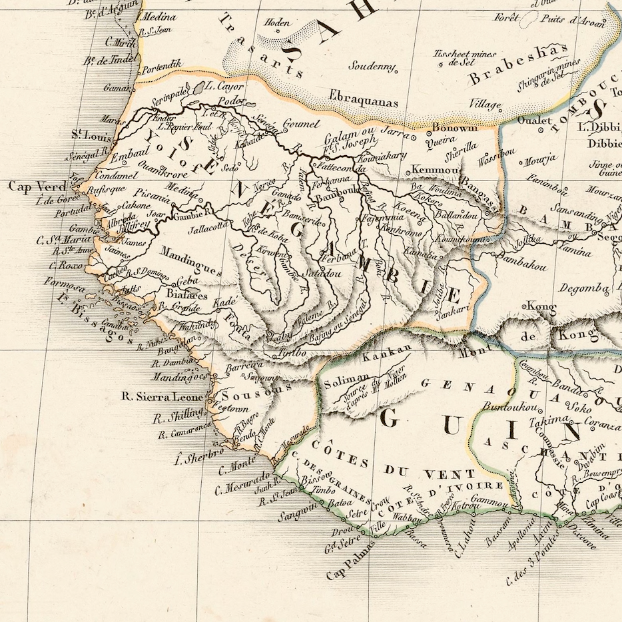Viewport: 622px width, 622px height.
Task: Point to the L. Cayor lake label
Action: click(x=224, y=86)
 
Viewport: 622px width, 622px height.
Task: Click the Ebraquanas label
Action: click(x=363, y=102)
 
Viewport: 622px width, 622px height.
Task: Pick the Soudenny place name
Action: click(x=373, y=68)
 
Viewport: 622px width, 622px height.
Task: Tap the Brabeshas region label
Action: click(x=519, y=65)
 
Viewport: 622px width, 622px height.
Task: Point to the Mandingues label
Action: click(x=190, y=261)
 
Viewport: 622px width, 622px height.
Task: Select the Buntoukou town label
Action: click(x=507, y=406)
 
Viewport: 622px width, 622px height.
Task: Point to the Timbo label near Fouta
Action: click(x=292, y=352)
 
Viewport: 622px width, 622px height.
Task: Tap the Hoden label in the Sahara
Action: click(x=277, y=23)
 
